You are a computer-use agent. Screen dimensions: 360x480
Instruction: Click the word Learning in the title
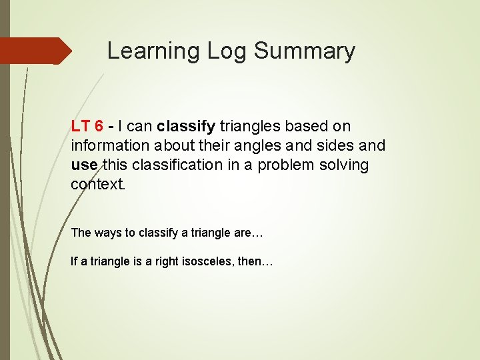[x=149, y=51]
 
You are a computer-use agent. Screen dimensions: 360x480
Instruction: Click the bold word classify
[x=186, y=126]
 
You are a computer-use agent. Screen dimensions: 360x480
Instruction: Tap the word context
[x=97, y=184]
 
